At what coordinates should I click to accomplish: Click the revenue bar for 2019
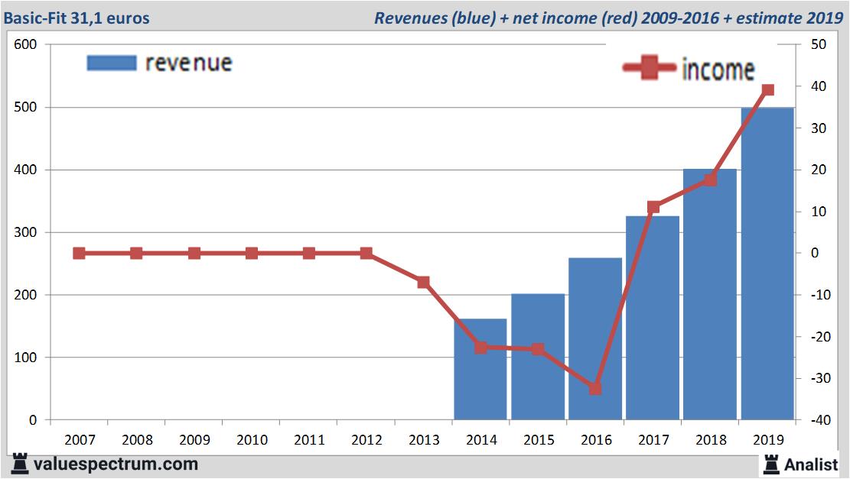tap(767, 264)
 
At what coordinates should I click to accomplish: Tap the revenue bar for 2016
tap(595, 338)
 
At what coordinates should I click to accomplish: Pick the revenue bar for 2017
tap(653, 318)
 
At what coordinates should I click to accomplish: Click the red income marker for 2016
tap(595, 389)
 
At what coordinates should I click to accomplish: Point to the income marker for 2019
tap(768, 90)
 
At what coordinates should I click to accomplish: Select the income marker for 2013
tap(423, 282)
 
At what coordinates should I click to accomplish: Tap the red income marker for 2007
tap(79, 254)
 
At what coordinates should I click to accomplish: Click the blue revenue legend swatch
tap(112, 63)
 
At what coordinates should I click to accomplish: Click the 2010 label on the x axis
tap(252, 440)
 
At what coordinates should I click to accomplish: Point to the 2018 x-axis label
tap(711, 440)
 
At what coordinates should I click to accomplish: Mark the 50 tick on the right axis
tap(818, 44)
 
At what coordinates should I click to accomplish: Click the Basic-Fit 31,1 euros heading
tap(77, 18)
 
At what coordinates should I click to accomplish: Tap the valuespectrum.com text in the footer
tap(116, 464)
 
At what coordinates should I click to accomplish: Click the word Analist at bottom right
tap(811, 464)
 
